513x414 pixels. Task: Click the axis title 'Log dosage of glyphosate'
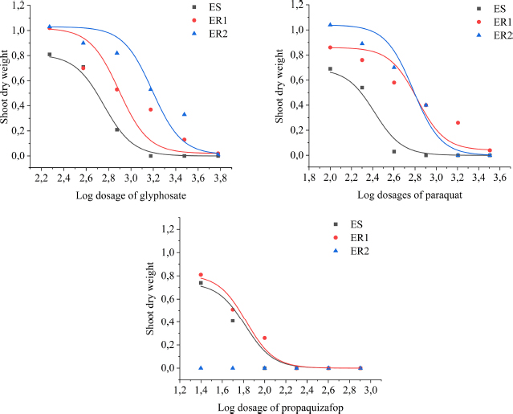pos(126,195)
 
